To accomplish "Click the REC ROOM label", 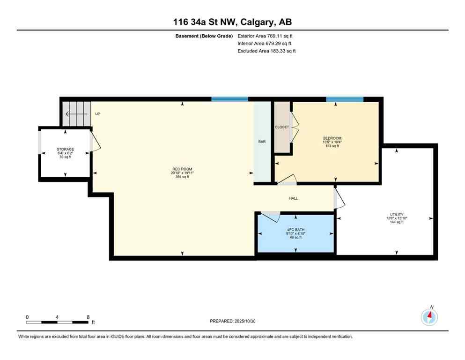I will pyautogui.click(x=182, y=169).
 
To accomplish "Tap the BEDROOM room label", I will pyautogui.click(x=332, y=138).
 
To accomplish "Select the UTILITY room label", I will pyautogui.click(x=397, y=214).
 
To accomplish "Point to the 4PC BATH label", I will pyautogui.click(x=295, y=229).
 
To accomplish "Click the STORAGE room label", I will pyautogui.click(x=65, y=149).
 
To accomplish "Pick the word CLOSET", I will pyautogui.click(x=282, y=127).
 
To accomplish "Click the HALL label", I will pyautogui.click(x=293, y=198).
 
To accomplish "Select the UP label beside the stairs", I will pyautogui.click(x=97, y=114).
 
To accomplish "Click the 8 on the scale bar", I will pyautogui.click(x=88, y=317).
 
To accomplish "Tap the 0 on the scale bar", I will pyautogui.click(x=27, y=317).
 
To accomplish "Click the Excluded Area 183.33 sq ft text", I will pyautogui.click(x=266, y=51).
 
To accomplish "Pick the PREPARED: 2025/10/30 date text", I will pyautogui.click(x=232, y=321).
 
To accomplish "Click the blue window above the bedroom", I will pyautogui.click(x=345, y=99).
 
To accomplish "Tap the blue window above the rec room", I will pyautogui.click(x=229, y=99).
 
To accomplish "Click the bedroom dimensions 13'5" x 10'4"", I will pyautogui.click(x=332, y=142).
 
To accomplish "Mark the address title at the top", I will pyautogui.click(x=232, y=22).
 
